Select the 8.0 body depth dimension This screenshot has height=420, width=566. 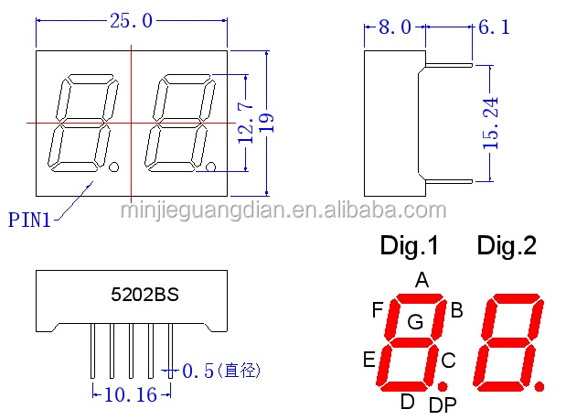tap(394, 28)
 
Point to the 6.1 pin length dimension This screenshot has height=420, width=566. tap(494, 28)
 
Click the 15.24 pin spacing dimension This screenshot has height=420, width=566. tap(491, 124)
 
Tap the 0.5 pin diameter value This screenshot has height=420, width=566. tap(198, 371)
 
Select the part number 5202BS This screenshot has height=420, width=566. tap(144, 296)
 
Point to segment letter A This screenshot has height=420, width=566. tap(422, 280)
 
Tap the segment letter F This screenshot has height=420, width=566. tap(377, 310)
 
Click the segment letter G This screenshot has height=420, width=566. tap(415, 321)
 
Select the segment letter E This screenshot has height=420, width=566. tap(369, 359)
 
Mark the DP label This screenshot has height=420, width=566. tap(443, 404)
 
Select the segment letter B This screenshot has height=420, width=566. tap(456, 310)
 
